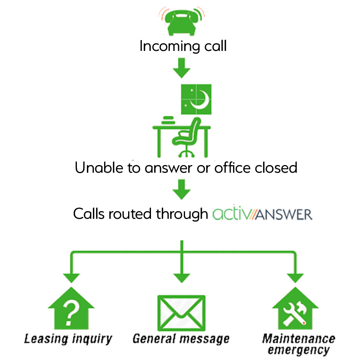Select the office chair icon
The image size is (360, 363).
tap(185, 138)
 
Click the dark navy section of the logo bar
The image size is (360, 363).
tap(286, 213)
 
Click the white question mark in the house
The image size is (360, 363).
tap(70, 313)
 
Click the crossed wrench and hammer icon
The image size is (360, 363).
tap(295, 313)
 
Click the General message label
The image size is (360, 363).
tap(181, 339)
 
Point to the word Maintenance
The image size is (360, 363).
tap(299, 340)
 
